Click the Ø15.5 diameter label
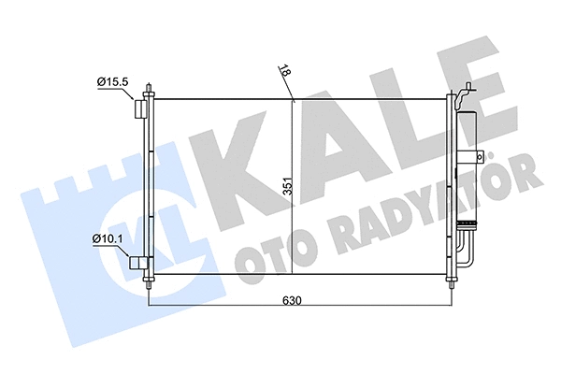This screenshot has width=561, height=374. click(x=113, y=82)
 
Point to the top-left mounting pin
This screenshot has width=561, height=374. click(x=150, y=91)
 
